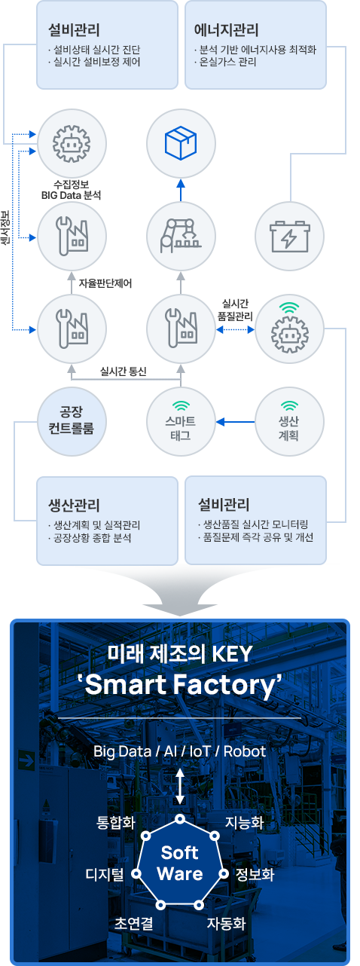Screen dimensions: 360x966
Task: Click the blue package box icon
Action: [x=181, y=142]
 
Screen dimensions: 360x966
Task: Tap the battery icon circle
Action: [x=289, y=237]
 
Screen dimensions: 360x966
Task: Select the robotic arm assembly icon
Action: [x=181, y=236]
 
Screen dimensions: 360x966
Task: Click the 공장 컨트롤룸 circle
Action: [x=72, y=421]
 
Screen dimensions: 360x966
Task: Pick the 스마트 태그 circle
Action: [x=181, y=421]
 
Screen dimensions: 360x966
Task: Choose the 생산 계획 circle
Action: [x=289, y=421]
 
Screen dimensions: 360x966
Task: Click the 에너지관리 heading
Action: [x=227, y=29]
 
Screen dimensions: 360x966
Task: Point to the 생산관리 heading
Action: [x=74, y=505]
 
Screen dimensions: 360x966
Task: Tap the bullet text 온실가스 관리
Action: [x=227, y=62]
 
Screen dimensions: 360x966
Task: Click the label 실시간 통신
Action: [x=124, y=371]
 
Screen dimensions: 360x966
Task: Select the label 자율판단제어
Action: [x=105, y=283]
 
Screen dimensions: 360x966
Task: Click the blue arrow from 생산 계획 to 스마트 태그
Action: [x=235, y=421]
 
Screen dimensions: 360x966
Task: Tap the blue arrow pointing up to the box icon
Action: [x=181, y=190]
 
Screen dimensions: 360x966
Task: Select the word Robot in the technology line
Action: [x=245, y=752]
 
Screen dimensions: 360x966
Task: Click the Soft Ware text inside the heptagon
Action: [x=180, y=863]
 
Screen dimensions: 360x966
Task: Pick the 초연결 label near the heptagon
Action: [x=133, y=923]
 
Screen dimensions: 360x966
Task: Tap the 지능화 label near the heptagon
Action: [x=245, y=822]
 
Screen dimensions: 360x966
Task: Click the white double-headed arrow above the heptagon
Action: [x=180, y=786]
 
